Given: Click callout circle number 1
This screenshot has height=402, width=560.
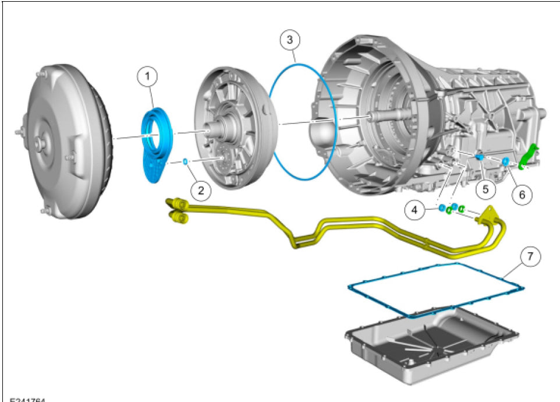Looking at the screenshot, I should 147,76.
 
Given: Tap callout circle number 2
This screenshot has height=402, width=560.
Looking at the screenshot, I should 201,189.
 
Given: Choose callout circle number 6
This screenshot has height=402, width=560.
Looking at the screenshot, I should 521,195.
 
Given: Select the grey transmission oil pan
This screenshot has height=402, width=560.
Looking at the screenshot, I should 431,350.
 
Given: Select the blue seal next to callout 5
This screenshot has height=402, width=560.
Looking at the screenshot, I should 480,157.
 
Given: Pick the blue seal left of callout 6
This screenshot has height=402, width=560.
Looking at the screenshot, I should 505,161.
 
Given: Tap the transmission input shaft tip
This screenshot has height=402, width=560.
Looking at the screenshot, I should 369,118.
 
